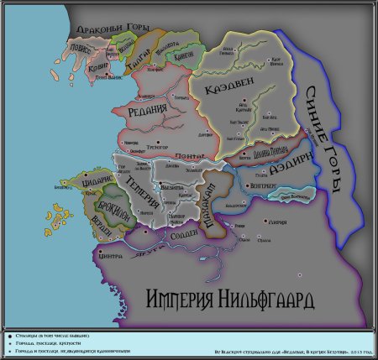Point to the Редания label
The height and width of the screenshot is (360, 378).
click(151, 114)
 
